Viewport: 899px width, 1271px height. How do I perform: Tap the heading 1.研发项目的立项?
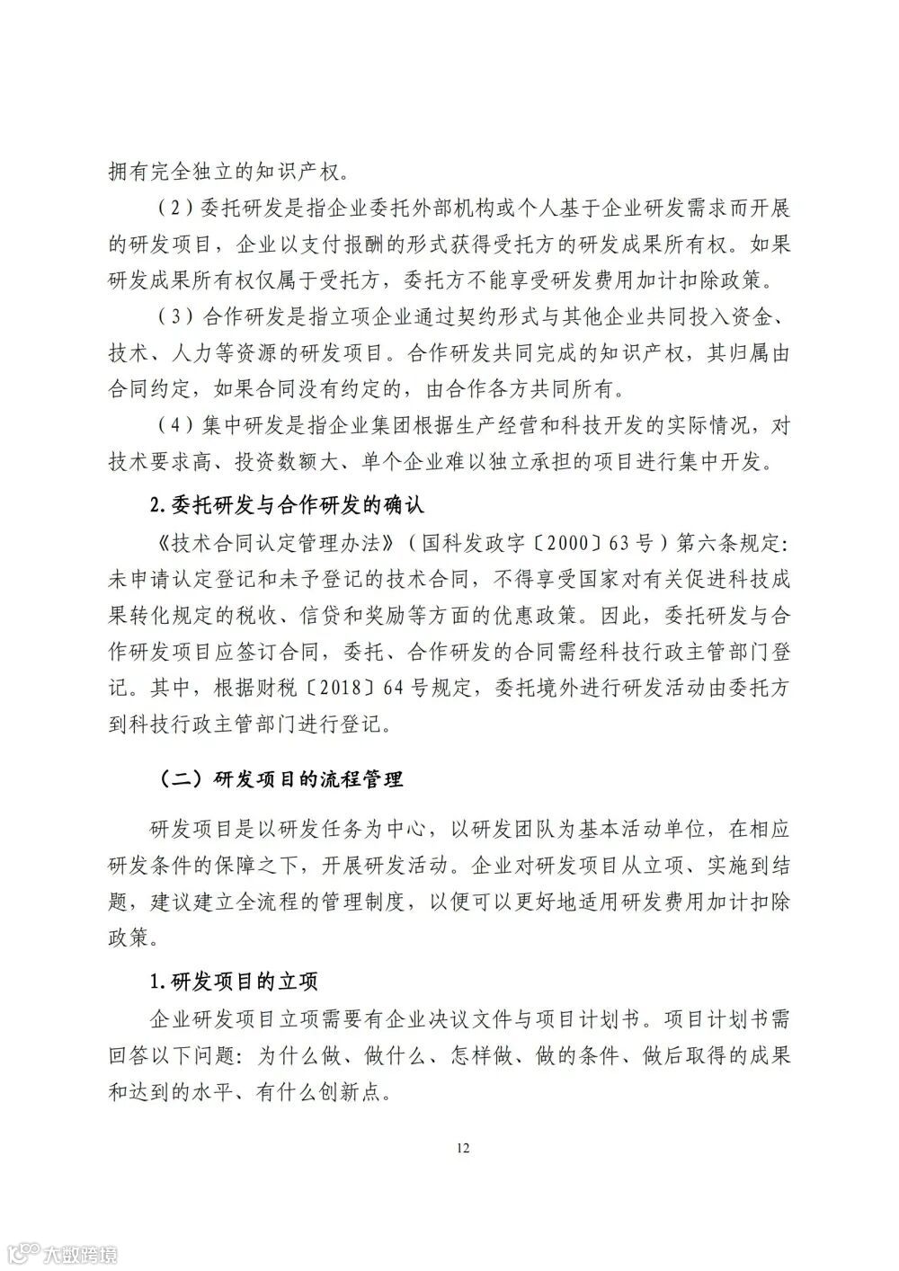pos(234,979)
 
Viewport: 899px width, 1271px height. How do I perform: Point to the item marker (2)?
pos(169,209)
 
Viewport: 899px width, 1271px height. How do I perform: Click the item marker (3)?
pos(169,317)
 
